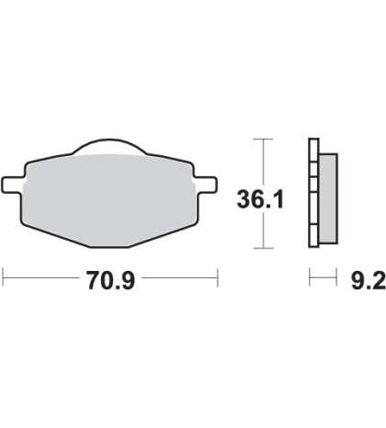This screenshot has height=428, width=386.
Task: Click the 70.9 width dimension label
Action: [x=111, y=280]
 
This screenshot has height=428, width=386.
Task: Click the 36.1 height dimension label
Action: [x=261, y=199]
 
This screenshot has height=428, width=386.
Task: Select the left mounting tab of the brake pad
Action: [x=12, y=185]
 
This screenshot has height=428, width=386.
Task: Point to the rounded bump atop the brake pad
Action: [x=109, y=146]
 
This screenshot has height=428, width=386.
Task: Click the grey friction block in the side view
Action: [x=328, y=198]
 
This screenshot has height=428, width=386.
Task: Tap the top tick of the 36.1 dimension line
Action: [x=263, y=139]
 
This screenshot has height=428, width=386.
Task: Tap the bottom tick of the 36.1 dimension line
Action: [x=263, y=248]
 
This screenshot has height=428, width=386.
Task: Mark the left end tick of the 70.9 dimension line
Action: [x=3, y=277]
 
